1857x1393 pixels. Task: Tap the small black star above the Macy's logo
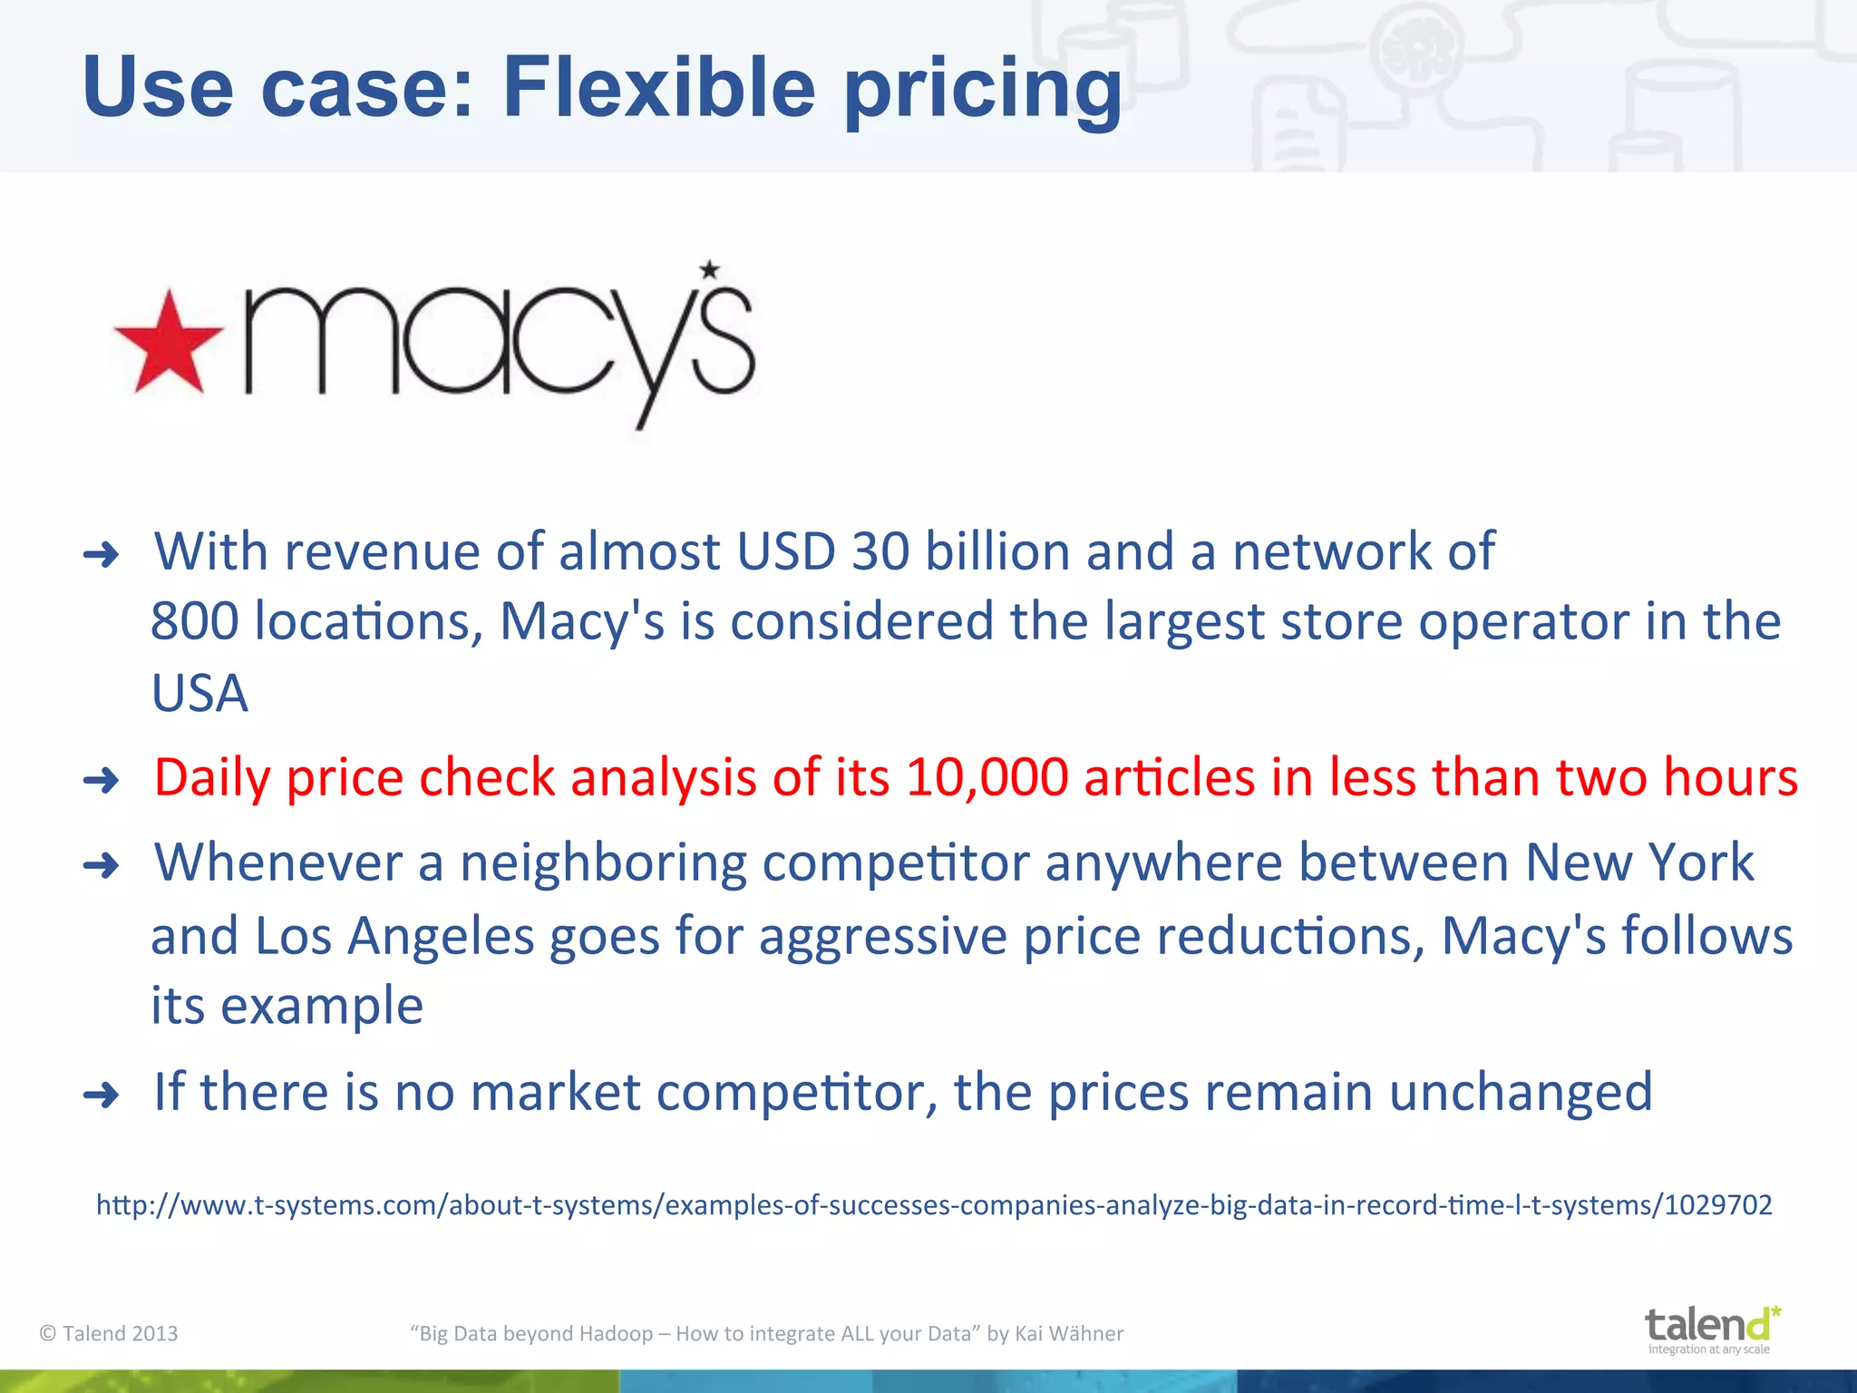(x=709, y=269)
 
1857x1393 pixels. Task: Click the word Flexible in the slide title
(x=659, y=87)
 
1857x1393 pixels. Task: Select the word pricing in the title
(x=983, y=91)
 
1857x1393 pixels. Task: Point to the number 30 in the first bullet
(x=880, y=551)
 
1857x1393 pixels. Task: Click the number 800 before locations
(x=194, y=622)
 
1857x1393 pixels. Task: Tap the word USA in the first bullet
(x=199, y=694)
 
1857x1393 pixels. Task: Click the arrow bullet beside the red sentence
(x=101, y=780)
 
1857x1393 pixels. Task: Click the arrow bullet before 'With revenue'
(x=101, y=554)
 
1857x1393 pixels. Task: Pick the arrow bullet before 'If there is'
(x=101, y=1095)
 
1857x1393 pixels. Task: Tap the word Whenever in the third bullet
(x=277, y=862)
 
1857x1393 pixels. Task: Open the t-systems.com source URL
(x=934, y=1205)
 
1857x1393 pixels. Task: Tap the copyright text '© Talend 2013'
(x=109, y=1333)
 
